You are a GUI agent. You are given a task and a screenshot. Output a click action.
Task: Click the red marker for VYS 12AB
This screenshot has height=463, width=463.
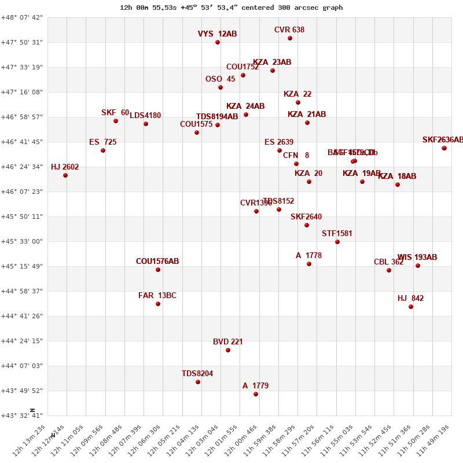[x=218, y=42]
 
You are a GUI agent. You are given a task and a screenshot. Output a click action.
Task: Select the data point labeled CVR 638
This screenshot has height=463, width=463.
[x=290, y=38]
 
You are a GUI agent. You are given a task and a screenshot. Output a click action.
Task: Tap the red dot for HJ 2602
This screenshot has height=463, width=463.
[x=65, y=175]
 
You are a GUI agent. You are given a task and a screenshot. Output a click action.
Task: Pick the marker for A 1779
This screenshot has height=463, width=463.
[x=256, y=394]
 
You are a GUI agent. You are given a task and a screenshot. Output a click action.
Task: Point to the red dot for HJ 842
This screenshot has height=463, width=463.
[x=411, y=307]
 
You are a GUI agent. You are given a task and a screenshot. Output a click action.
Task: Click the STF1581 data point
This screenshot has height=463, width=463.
[x=337, y=242]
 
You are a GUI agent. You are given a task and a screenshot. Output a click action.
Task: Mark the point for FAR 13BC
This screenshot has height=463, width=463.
[x=158, y=304]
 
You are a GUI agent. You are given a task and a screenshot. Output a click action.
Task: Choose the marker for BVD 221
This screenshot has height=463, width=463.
[x=228, y=350]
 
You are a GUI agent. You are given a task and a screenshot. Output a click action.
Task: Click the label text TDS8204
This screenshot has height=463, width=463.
[x=197, y=374]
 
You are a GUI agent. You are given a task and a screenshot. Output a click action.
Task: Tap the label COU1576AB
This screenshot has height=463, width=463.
[x=157, y=262]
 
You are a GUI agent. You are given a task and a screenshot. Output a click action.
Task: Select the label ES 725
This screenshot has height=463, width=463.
[x=103, y=142]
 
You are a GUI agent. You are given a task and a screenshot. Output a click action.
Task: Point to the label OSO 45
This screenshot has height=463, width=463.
[x=221, y=79]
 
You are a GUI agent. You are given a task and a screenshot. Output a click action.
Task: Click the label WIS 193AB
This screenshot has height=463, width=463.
[x=417, y=258]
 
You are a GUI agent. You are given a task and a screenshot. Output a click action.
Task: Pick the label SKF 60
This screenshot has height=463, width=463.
[x=115, y=113]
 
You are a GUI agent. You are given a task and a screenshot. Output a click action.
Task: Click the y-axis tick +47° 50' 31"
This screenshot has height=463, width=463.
[x=22, y=42]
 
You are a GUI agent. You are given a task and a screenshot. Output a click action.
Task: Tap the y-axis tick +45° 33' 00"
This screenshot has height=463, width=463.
[x=22, y=241]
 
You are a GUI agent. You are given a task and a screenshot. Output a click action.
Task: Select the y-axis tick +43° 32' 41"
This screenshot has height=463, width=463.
[x=22, y=416]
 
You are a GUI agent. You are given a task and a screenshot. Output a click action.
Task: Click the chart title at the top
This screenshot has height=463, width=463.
[x=231, y=8]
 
